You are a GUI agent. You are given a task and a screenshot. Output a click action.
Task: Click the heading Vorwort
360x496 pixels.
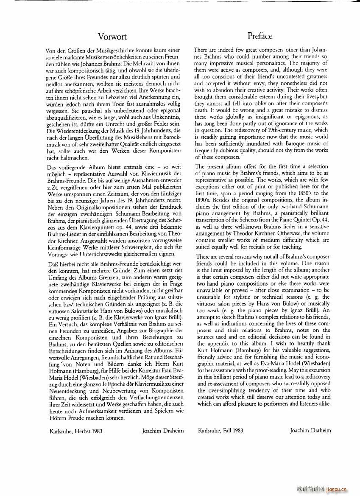tap(112, 36)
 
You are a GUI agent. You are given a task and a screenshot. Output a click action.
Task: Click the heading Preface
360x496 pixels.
tap(260, 36)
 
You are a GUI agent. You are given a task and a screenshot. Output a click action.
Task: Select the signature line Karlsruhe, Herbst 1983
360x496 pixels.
tap(76, 431)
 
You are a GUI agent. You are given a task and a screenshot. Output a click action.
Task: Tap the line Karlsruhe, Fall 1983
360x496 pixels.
tap(220, 431)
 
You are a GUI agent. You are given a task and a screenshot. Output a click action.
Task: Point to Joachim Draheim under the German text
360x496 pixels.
tap(162, 431)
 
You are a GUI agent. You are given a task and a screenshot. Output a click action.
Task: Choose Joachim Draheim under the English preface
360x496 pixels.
tap(310, 431)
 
